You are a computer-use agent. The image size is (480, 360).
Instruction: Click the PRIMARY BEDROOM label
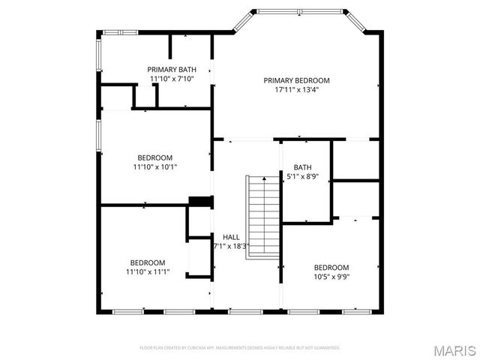pos(296,80)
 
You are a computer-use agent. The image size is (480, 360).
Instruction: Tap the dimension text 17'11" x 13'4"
pos(296,90)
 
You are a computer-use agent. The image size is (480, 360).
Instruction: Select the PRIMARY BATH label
pos(172,69)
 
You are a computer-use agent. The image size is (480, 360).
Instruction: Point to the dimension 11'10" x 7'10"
pos(172,79)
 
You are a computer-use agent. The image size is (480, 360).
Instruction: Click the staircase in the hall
pos(262,216)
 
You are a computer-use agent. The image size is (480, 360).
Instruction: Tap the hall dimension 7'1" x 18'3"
pos(231,246)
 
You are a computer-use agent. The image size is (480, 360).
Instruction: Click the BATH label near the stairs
pos(302,167)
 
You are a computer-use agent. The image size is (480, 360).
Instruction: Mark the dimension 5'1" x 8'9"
pos(302,177)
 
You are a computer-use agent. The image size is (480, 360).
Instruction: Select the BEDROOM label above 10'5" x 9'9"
pos(331,268)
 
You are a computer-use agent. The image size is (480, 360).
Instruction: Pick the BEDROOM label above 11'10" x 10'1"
pos(154,157)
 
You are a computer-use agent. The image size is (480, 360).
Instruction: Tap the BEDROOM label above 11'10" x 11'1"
pos(148,262)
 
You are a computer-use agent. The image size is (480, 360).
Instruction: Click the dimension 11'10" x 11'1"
pos(148,272)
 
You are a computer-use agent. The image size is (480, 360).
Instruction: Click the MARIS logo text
pos(452,349)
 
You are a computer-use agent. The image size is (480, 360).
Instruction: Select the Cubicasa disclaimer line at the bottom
pos(240,348)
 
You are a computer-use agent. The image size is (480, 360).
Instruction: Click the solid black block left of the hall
pos(200,202)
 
